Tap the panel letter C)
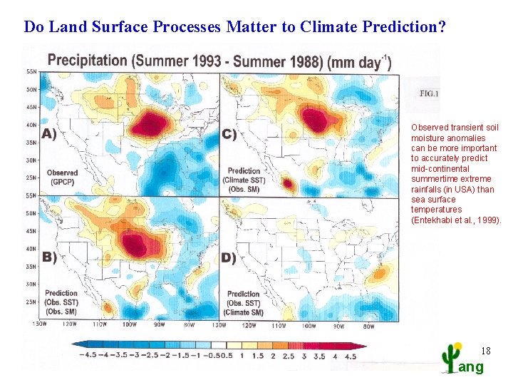(x=229, y=133)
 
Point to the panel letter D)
(x=229, y=257)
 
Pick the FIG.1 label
(x=430, y=94)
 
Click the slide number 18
(x=486, y=350)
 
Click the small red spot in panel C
(x=289, y=184)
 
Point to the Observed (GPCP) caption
(x=62, y=178)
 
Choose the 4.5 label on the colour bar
(x=351, y=356)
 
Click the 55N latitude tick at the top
(x=32, y=72)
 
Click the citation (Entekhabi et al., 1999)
(x=456, y=220)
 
